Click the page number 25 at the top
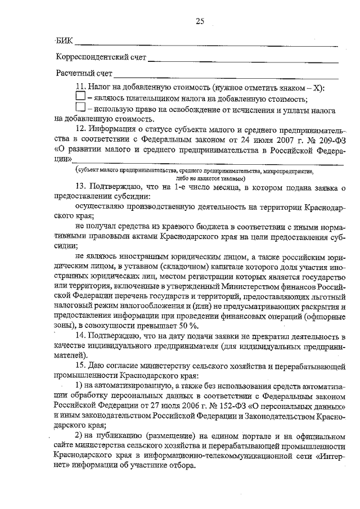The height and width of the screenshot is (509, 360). pyautogui.click(x=199, y=21)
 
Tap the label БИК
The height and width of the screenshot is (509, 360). pyautogui.click(x=65, y=40)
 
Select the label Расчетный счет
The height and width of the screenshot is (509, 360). pyautogui.click(x=84, y=74)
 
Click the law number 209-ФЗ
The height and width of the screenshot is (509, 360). pyautogui.click(x=327, y=139)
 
